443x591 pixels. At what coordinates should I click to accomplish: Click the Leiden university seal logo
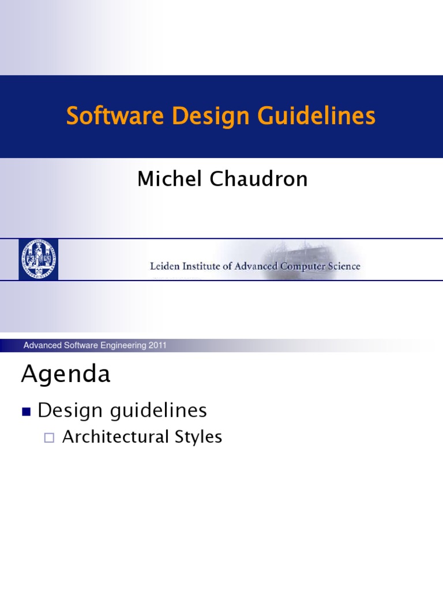point(38,259)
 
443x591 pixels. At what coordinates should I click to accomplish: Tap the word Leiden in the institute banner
point(165,266)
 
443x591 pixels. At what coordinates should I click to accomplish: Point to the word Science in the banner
point(346,266)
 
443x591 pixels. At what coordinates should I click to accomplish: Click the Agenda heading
point(66,375)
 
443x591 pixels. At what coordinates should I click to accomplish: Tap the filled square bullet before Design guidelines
point(25,412)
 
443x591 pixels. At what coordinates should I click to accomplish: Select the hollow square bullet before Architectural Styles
point(49,438)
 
